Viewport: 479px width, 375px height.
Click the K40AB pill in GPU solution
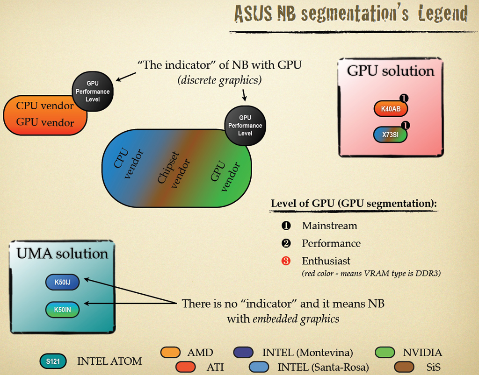(x=390, y=109)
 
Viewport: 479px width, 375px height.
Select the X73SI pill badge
(x=390, y=134)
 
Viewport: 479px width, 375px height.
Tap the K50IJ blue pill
(x=62, y=282)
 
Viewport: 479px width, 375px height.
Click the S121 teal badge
(x=53, y=361)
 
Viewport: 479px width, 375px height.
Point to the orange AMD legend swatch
(x=170, y=353)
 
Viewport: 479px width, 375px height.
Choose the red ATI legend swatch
(x=186, y=367)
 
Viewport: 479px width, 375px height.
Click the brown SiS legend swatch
(x=404, y=367)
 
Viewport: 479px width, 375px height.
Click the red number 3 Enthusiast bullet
(x=286, y=261)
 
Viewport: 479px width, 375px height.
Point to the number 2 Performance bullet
(x=286, y=243)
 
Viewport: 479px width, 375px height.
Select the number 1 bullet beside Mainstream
(x=286, y=226)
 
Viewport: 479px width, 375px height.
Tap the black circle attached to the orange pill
(x=93, y=91)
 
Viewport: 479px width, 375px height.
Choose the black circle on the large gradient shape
(x=245, y=125)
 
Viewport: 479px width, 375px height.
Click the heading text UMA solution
(x=62, y=254)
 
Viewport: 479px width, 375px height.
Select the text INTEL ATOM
(x=109, y=361)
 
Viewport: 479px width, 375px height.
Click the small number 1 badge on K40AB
(x=405, y=99)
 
